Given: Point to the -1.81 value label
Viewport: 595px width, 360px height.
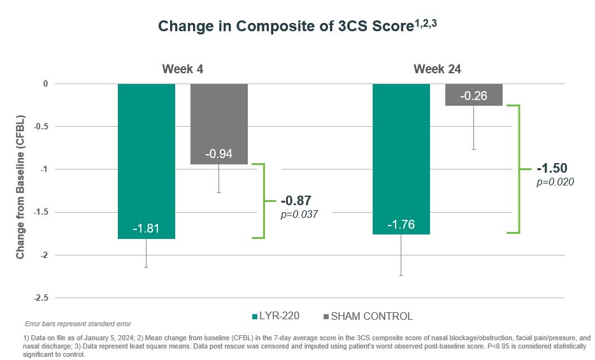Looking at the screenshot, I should click(x=147, y=228).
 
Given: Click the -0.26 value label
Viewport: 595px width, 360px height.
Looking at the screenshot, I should click(x=474, y=96).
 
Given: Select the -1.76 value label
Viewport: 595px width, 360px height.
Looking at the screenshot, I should click(x=401, y=224).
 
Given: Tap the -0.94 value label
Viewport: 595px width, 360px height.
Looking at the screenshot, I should click(x=219, y=154).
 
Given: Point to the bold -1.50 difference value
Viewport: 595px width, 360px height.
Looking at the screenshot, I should click(x=552, y=169).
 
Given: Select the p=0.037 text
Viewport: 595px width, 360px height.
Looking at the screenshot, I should click(x=299, y=215).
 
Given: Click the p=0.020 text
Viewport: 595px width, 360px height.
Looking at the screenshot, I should click(x=556, y=182).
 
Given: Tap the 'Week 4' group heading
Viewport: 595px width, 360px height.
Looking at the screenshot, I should click(x=183, y=69).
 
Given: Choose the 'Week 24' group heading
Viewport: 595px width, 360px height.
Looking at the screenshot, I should click(x=437, y=69).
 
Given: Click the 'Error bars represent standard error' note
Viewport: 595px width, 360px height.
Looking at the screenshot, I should click(x=77, y=324).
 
